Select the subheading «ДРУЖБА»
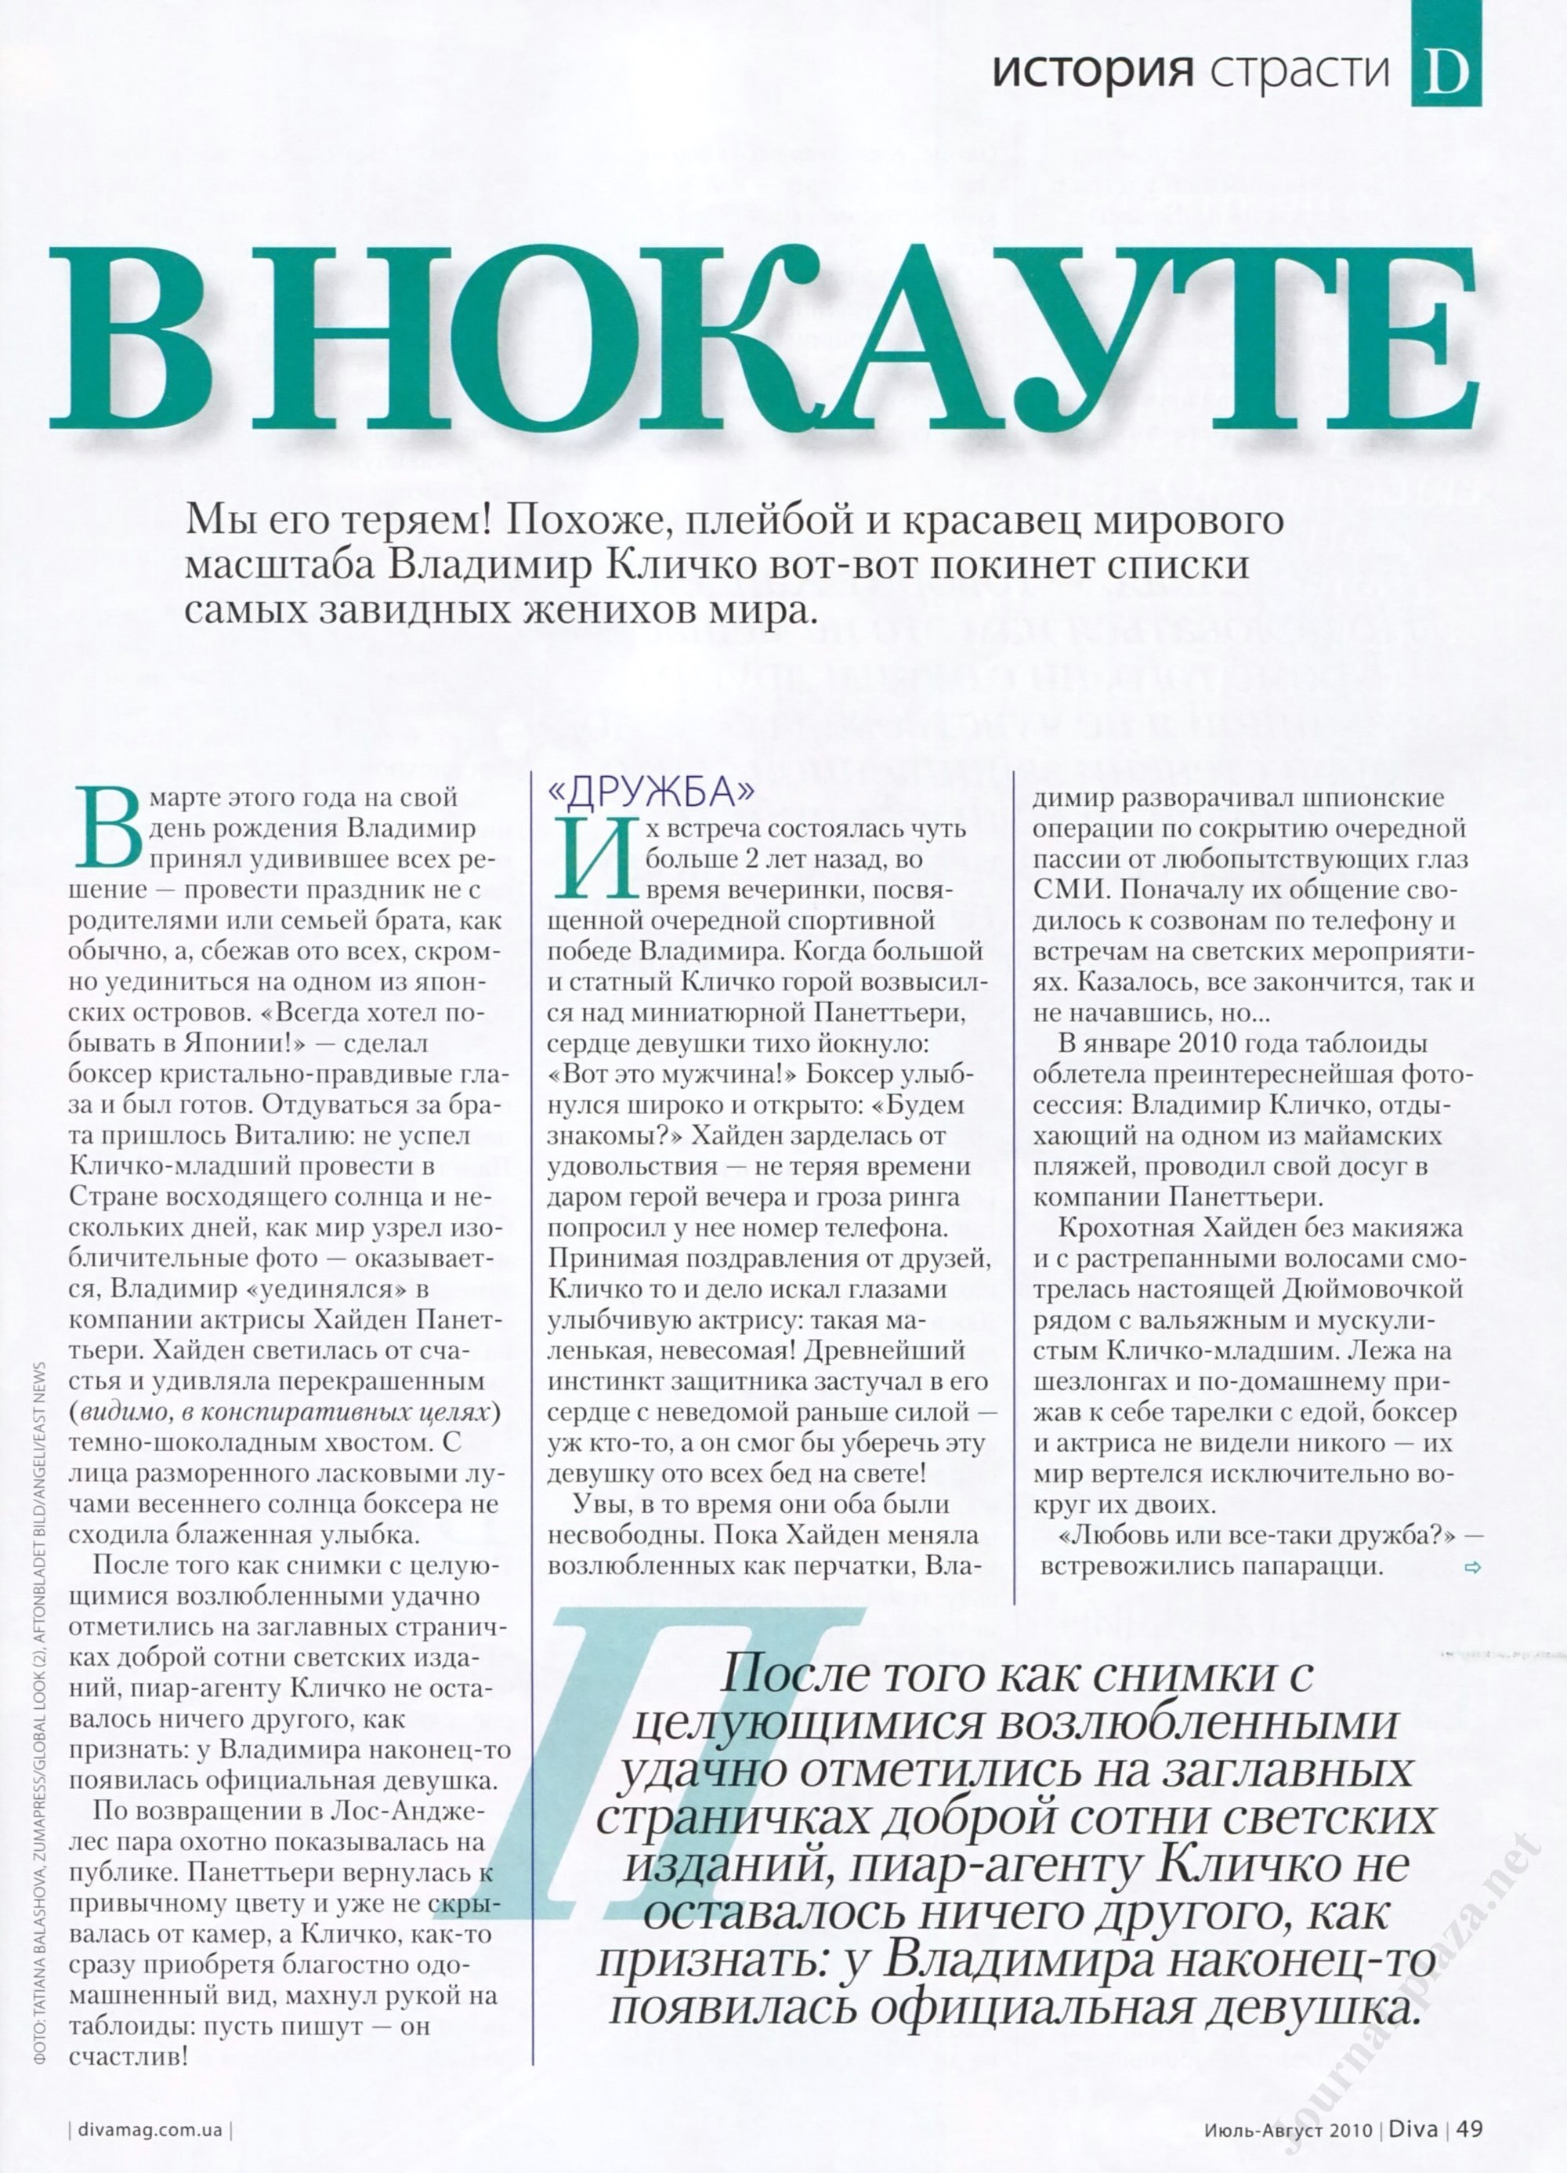pos(650,792)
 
